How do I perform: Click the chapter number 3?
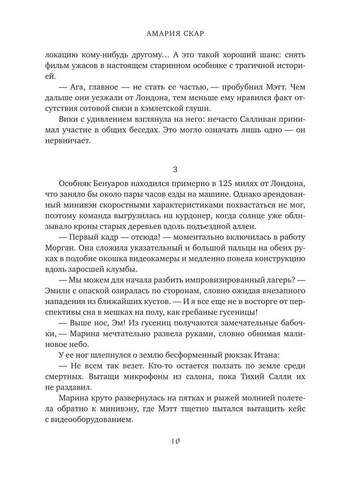pos(180,169)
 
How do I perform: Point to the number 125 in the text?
pos(227,185)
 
